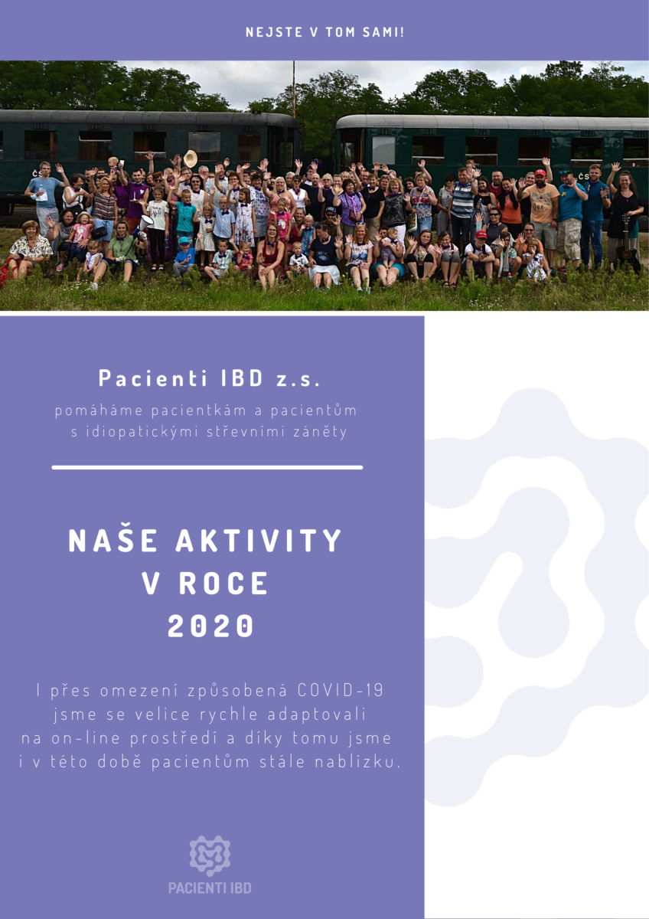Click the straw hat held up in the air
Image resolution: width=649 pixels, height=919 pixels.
coord(191,159)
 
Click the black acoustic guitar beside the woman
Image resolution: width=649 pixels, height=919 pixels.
coord(628,249)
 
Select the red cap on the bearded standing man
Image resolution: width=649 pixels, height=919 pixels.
coord(540,173)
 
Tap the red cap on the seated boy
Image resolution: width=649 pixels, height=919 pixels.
coord(481,234)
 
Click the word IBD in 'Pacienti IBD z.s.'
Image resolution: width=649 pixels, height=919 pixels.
coord(242,378)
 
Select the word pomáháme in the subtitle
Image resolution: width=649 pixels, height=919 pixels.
coord(99,410)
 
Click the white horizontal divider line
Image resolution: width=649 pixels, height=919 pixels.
coord(207,467)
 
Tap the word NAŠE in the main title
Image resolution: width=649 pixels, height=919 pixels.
coord(113,541)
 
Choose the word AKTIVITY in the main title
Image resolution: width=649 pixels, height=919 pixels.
coord(259,541)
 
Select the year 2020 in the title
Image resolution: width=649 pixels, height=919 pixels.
coord(210,626)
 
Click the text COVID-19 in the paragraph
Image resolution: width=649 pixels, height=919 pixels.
coord(341,690)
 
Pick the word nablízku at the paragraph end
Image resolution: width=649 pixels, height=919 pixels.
coord(357,762)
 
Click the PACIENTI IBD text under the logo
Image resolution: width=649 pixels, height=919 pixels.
coord(210,888)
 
